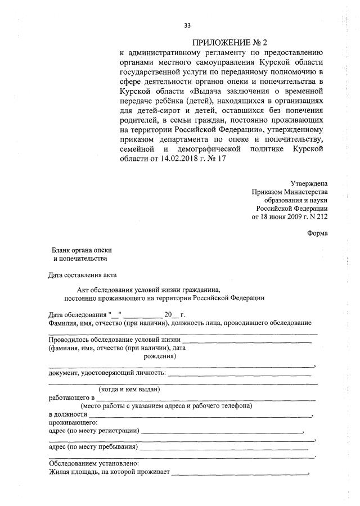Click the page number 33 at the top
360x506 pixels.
click(187, 25)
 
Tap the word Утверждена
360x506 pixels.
click(309, 183)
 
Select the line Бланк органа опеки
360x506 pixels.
click(82, 250)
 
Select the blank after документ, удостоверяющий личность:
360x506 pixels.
click(239, 373)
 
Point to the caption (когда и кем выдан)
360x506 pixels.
click(130, 389)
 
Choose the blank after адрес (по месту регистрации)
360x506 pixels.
click(222, 432)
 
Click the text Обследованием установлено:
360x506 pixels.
click(90, 464)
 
